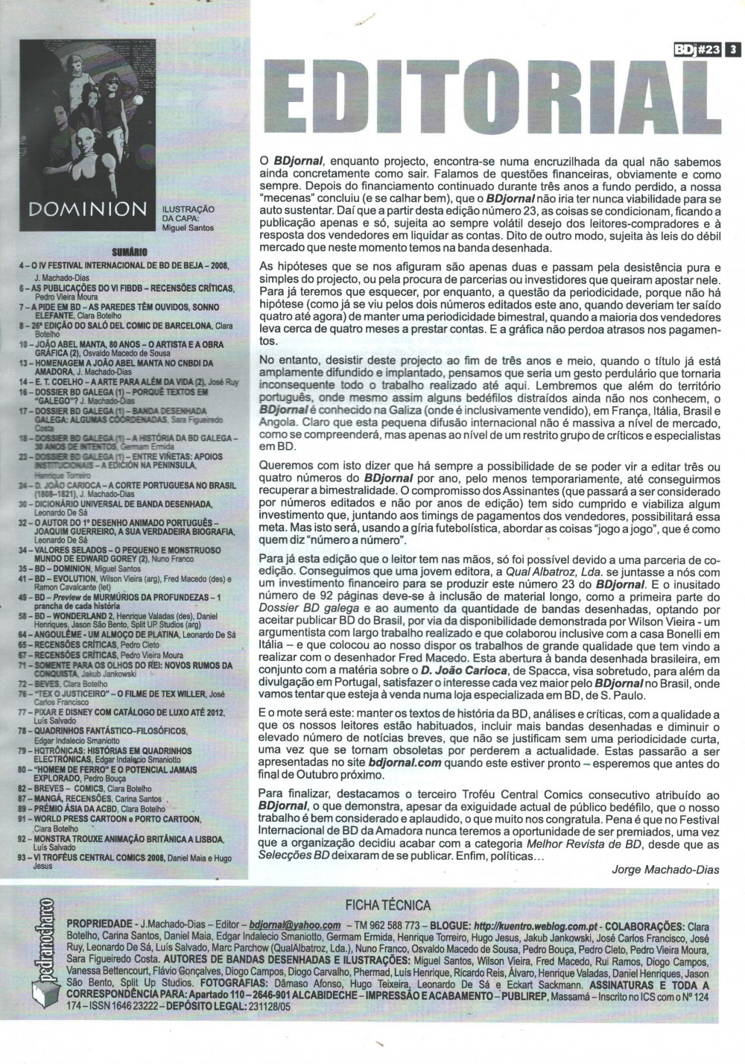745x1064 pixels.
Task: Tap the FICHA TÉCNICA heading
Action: click(x=387, y=905)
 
